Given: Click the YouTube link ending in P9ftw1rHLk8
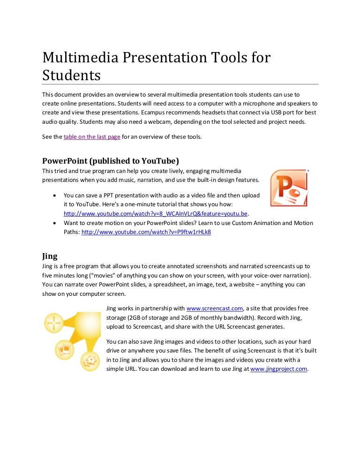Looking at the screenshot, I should point(146,232).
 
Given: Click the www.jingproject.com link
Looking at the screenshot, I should point(279,369).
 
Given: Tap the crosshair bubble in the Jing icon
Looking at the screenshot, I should point(54,323).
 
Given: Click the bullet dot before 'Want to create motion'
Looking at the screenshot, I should point(56,223).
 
